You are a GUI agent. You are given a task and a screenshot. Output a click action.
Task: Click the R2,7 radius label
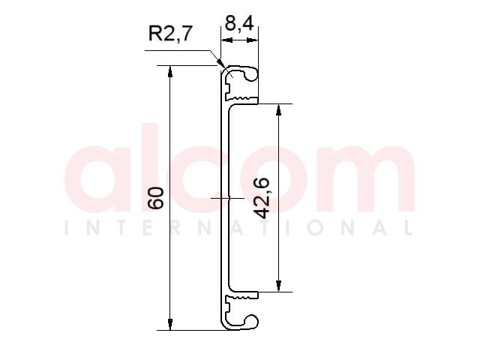[x=170, y=33]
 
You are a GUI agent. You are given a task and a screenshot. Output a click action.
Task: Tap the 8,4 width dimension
[x=239, y=23]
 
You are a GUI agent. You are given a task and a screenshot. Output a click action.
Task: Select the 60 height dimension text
[x=156, y=198]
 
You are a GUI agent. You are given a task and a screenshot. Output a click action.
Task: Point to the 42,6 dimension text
[x=262, y=198]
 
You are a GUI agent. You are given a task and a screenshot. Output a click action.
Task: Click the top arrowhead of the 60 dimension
[x=170, y=71]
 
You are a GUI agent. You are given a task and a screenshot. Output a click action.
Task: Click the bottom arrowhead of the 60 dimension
[x=170, y=325]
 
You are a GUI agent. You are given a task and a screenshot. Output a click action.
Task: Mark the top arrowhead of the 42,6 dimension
[x=278, y=110]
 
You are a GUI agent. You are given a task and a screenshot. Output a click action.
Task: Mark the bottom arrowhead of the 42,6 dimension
[x=278, y=286]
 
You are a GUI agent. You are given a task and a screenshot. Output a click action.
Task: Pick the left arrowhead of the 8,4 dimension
[x=226, y=40]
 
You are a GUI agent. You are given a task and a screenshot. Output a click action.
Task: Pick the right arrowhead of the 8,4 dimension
[x=252, y=40]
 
